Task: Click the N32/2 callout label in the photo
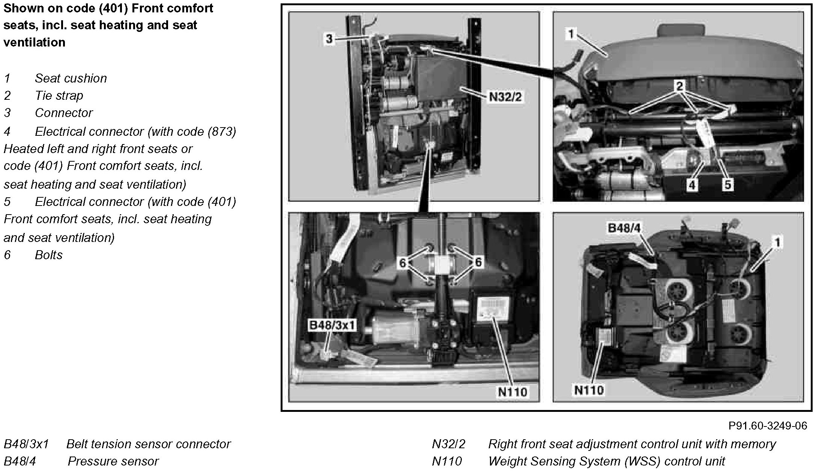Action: coord(505,97)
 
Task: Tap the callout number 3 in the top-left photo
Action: coord(329,39)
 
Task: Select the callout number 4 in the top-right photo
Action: coord(692,185)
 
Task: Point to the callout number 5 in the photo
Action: coord(727,185)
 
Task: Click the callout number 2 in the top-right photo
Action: coord(679,86)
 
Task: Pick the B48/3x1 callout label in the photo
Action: coord(331,325)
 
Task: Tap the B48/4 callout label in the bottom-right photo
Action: coord(624,228)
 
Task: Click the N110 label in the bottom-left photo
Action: coord(512,392)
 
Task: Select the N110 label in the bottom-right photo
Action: coord(589,390)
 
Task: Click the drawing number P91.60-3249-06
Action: coord(768,426)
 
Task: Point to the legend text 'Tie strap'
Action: coord(59,96)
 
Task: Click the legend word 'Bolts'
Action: coord(48,255)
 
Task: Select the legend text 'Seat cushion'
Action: coord(71,78)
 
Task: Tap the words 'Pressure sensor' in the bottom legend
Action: coord(113,461)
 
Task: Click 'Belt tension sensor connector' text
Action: coord(148,444)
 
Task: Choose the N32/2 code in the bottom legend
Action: coord(448,444)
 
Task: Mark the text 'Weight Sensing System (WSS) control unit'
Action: coord(606,461)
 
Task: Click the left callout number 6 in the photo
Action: coord(403,263)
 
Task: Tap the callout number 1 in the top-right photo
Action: coord(571,34)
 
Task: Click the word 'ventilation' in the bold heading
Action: coord(34,42)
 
